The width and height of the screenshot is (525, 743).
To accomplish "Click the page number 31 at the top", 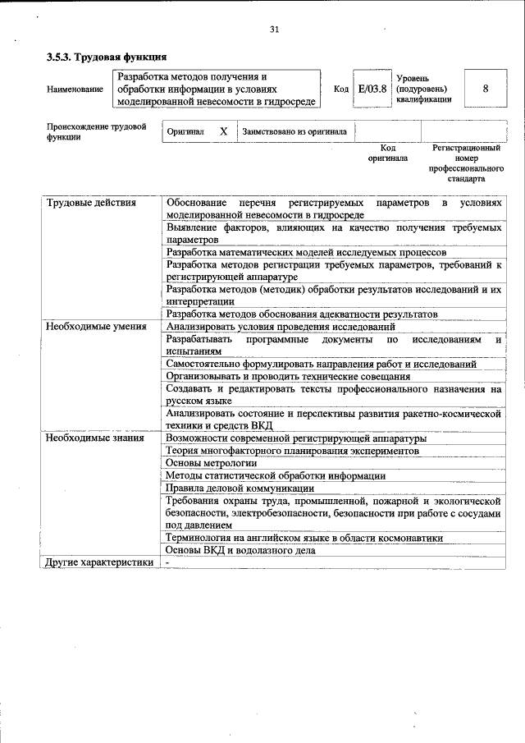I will (x=274, y=30).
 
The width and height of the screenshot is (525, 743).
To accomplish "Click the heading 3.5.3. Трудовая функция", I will (x=107, y=57).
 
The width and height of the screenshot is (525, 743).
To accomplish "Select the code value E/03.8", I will (x=372, y=89).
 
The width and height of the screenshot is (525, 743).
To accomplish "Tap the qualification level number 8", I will (x=486, y=89).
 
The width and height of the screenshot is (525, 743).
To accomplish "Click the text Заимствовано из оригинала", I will (x=294, y=131).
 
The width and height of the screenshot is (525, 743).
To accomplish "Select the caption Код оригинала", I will (x=387, y=153).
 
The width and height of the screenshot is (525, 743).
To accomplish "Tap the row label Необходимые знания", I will (x=94, y=438).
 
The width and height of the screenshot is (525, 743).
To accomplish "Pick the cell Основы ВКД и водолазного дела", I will (x=240, y=550).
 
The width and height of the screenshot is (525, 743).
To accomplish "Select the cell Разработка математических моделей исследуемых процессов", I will (x=305, y=252).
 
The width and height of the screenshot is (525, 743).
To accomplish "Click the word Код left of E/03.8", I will (x=341, y=89).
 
